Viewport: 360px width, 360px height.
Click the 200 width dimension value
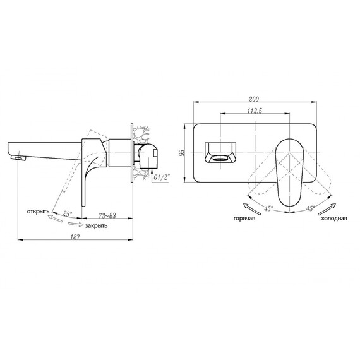(x=254, y=99)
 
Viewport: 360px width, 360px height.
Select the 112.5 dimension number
(x=255, y=111)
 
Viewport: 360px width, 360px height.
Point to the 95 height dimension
(x=182, y=153)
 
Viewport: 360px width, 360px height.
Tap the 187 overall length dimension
(x=75, y=237)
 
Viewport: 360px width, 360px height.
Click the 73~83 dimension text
(x=107, y=215)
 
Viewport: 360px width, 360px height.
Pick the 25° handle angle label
(x=68, y=214)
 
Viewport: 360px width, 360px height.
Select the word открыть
(x=38, y=212)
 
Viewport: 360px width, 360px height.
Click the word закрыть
(x=96, y=226)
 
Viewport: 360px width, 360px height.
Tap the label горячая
(x=244, y=219)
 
